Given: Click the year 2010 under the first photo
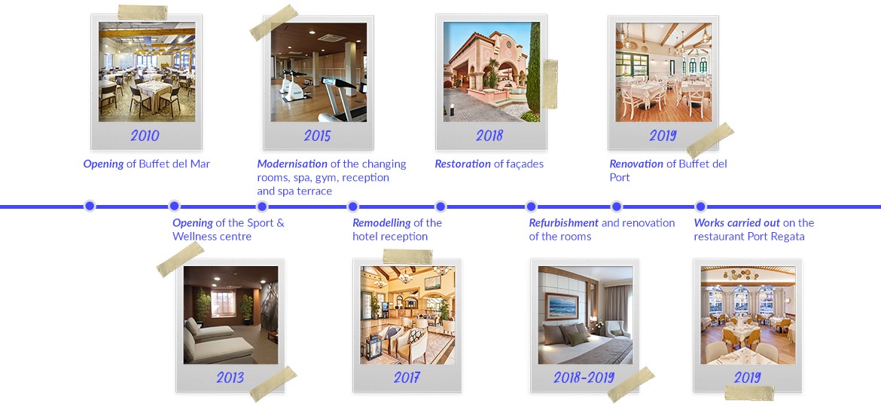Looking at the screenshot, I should (x=145, y=136).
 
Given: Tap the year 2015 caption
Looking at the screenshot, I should (x=317, y=136).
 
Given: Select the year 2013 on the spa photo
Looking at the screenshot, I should (x=230, y=377).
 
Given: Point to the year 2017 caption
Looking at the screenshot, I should (x=407, y=377).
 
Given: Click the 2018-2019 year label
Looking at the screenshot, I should (x=584, y=377).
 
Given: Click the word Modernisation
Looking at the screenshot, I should (x=292, y=164).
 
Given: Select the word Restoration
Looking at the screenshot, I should (x=462, y=164).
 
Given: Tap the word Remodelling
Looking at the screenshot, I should (x=381, y=222).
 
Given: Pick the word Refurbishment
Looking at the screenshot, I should (x=563, y=222).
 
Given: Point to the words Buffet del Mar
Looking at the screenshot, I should (x=175, y=164).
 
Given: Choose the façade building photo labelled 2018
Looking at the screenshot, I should (x=492, y=72).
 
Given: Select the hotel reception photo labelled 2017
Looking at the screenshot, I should (x=407, y=315).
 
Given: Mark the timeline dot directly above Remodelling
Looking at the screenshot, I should (x=353, y=206).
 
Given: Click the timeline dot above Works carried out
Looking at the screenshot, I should (x=700, y=206).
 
